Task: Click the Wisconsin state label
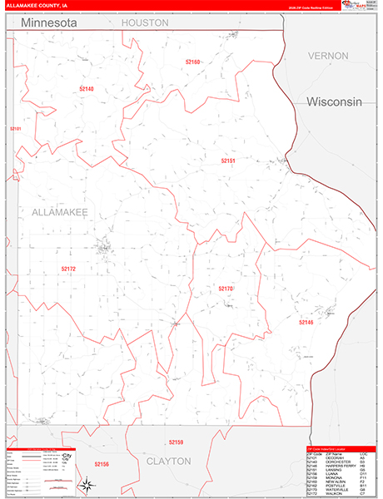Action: click(335, 101)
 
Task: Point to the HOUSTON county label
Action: click(145, 23)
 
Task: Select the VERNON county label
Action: click(327, 56)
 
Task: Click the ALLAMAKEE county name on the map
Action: click(60, 213)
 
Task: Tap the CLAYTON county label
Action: click(169, 460)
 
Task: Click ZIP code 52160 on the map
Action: click(193, 62)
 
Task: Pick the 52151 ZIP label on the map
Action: click(229, 161)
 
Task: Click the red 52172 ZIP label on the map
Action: click(68, 269)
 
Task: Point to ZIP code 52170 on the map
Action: click(226, 289)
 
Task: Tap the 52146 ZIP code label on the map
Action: click(306, 322)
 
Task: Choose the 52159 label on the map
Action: click(175, 442)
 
